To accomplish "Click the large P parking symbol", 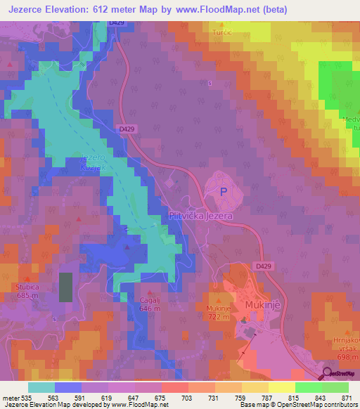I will click(224, 191).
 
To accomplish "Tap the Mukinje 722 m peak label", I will click(218, 312).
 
